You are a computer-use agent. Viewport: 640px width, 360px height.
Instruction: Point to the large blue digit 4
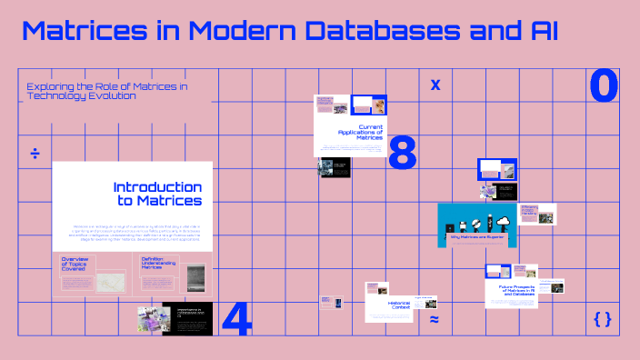coord(236,318)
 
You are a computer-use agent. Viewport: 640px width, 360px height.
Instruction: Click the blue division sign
coord(35,153)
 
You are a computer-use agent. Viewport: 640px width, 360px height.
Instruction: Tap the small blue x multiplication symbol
coord(435,85)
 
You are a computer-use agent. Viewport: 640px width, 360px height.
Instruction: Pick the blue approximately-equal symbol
coord(435,320)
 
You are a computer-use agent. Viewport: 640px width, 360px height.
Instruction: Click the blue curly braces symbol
coord(602,319)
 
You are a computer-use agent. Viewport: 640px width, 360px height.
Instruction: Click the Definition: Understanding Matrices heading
coord(158,264)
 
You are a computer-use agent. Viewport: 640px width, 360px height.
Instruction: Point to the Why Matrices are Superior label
coord(476,237)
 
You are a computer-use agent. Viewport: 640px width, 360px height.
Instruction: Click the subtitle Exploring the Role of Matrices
coord(106,91)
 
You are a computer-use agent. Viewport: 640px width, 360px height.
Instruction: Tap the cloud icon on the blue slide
coord(503,221)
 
